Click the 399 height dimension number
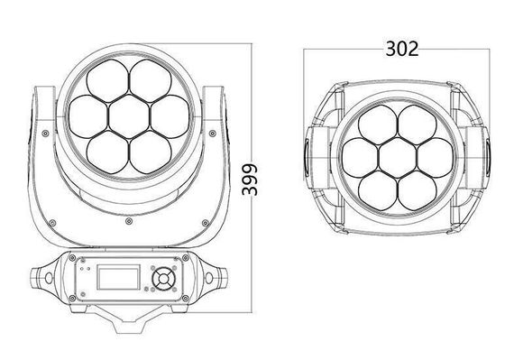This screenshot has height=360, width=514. click(x=250, y=180)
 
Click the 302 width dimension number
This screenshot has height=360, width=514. click(x=402, y=50)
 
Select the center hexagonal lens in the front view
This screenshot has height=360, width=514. click(x=129, y=116)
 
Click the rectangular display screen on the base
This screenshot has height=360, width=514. click(x=118, y=278)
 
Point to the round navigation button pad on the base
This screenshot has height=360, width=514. click(x=163, y=279)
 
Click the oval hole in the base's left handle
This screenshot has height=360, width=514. click(x=49, y=278)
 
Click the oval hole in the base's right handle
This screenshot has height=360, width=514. click(x=209, y=278)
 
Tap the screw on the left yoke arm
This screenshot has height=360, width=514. click(x=46, y=134)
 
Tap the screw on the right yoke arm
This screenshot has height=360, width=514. click(x=213, y=134)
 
